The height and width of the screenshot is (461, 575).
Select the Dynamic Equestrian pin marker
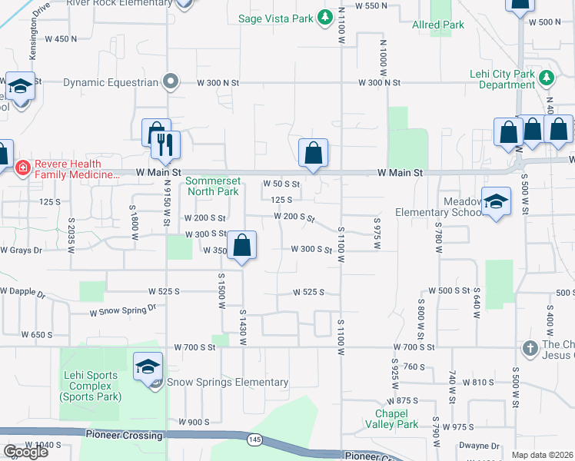(x=171, y=81)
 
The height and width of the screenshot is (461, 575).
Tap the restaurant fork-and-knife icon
(x=166, y=144)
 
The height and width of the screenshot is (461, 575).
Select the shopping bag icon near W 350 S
(x=242, y=245)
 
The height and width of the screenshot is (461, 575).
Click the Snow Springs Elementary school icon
(x=148, y=366)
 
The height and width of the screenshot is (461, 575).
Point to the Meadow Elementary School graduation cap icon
(x=497, y=202)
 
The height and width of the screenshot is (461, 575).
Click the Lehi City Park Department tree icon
(x=547, y=77)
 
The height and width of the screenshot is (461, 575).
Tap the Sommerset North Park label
(x=213, y=186)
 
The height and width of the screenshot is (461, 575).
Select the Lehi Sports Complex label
(x=90, y=386)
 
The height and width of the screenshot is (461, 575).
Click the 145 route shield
(x=254, y=439)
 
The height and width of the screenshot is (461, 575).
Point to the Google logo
(x=25, y=452)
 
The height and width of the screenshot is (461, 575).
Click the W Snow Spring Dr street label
(x=123, y=310)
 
